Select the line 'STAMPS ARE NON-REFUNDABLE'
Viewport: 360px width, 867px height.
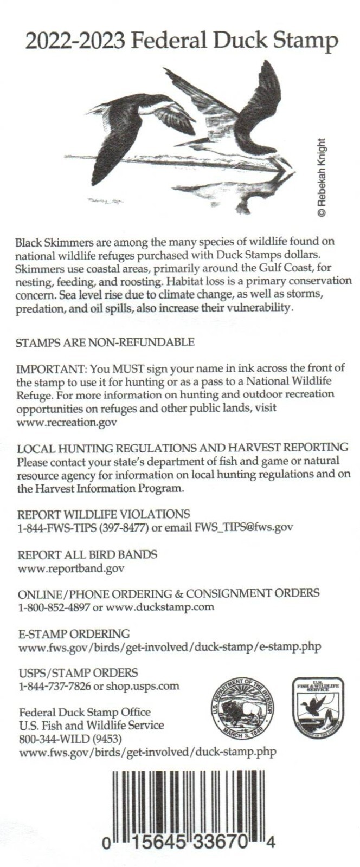105,342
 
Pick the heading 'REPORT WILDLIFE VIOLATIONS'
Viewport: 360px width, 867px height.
104,514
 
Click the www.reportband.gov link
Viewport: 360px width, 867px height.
71,568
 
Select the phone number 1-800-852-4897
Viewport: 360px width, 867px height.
54,607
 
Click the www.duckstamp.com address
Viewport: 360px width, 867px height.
160,607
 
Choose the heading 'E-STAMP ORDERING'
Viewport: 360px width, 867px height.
74,633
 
